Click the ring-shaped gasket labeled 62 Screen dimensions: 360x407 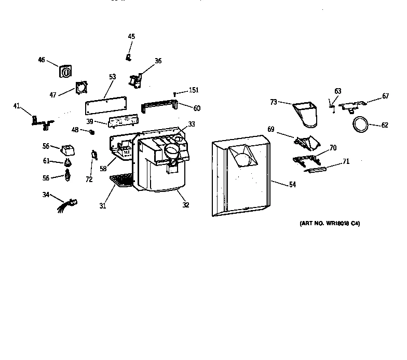[x=359, y=124]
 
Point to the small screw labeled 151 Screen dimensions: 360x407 [x=175, y=94]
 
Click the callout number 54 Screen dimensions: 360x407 [x=292, y=185]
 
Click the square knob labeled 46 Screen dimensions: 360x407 [x=65, y=72]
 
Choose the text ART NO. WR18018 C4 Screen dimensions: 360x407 [x=330, y=224]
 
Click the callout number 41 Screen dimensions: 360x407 [x=17, y=106]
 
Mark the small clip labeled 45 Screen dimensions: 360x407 [x=129, y=56]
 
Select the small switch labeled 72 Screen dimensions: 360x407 [x=94, y=154]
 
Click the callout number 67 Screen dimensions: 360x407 [x=385, y=96]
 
